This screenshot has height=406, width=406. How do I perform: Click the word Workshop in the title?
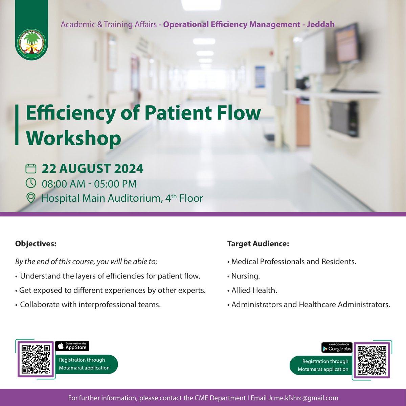[73, 138]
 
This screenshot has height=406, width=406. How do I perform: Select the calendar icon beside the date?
[31, 168]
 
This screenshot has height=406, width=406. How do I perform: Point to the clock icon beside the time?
[31, 183]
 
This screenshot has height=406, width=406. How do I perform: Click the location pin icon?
[31, 198]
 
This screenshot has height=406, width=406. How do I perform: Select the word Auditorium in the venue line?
[134, 198]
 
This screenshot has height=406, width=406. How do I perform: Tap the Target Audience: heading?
[258, 244]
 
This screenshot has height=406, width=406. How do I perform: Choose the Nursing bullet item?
[245, 276]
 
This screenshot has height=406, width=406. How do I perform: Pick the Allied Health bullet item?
[254, 290]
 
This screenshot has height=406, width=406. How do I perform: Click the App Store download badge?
[72, 346]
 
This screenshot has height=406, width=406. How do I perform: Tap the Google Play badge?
[337, 347]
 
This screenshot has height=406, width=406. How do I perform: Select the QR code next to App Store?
[36, 359]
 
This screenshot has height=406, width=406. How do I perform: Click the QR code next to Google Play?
[371, 360]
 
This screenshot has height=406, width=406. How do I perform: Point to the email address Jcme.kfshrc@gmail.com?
[303, 398]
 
